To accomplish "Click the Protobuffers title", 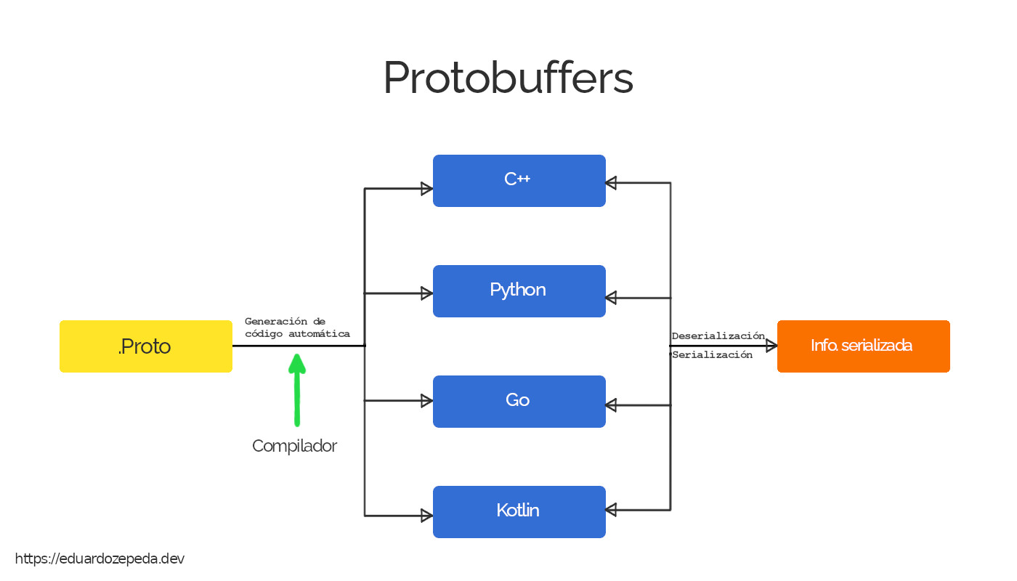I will [x=508, y=78].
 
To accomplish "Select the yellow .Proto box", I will [x=145, y=346].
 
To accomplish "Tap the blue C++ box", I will [x=519, y=180].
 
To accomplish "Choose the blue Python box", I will [x=519, y=290].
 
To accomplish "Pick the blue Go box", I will [x=519, y=401].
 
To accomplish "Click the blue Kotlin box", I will [x=519, y=511].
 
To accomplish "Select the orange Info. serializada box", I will [x=863, y=346].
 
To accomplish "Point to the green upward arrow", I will [x=296, y=389].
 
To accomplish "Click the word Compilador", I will [x=294, y=446].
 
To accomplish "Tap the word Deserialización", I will [x=718, y=336].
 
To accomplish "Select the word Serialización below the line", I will [x=712, y=355].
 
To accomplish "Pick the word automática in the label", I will [x=320, y=334].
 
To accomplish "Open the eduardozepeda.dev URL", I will [x=100, y=558].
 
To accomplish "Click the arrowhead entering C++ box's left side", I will [x=427, y=189].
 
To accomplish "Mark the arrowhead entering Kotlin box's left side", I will [x=427, y=516].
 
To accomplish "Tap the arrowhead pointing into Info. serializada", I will [x=771, y=346].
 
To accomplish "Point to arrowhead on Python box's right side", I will [x=611, y=298].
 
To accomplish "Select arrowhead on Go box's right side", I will [x=611, y=405].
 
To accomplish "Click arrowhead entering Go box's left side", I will [x=427, y=400].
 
